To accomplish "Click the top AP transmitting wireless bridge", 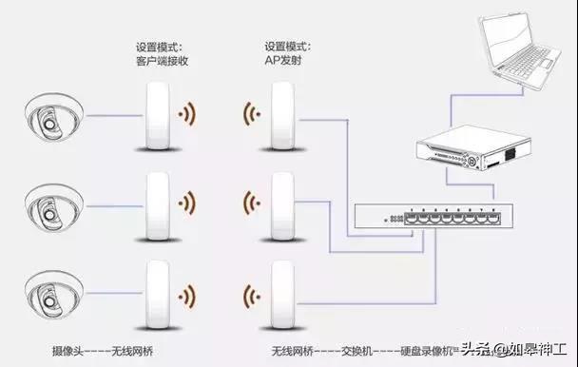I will (281, 116).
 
